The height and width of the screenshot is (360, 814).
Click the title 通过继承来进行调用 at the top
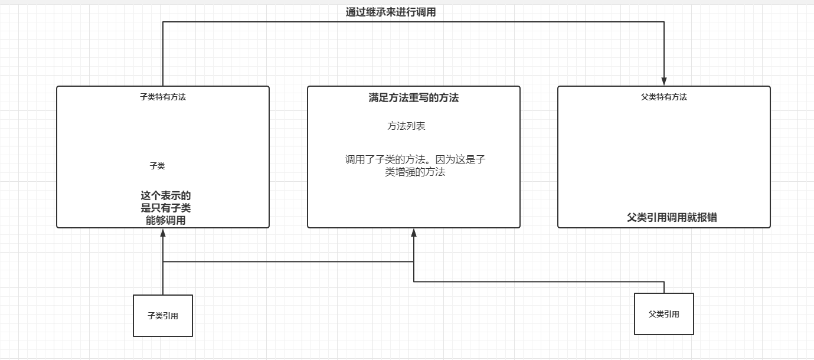tap(390, 12)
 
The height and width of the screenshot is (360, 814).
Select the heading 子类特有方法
tap(163, 97)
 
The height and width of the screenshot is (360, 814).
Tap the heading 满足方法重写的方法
tap(413, 98)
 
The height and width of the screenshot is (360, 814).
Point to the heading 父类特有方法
tap(664, 97)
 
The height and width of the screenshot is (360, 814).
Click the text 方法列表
tap(406, 126)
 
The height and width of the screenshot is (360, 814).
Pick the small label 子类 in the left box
tap(157, 166)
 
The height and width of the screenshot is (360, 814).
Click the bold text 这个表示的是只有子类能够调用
tap(165, 208)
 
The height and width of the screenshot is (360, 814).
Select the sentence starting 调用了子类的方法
tap(415, 166)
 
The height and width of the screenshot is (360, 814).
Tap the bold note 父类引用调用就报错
tap(672, 217)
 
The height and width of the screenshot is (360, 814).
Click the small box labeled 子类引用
tap(163, 316)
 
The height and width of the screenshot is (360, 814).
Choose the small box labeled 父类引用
tap(664, 314)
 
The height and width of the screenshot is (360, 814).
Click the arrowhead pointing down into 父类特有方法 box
tap(664, 81)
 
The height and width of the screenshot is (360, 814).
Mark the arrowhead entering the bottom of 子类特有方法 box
tap(163, 233)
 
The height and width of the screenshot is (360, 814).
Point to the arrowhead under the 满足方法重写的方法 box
tap(414, 233)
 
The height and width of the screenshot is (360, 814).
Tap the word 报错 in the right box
tap(707, 217)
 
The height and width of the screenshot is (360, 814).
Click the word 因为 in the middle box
tap(444, 159)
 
